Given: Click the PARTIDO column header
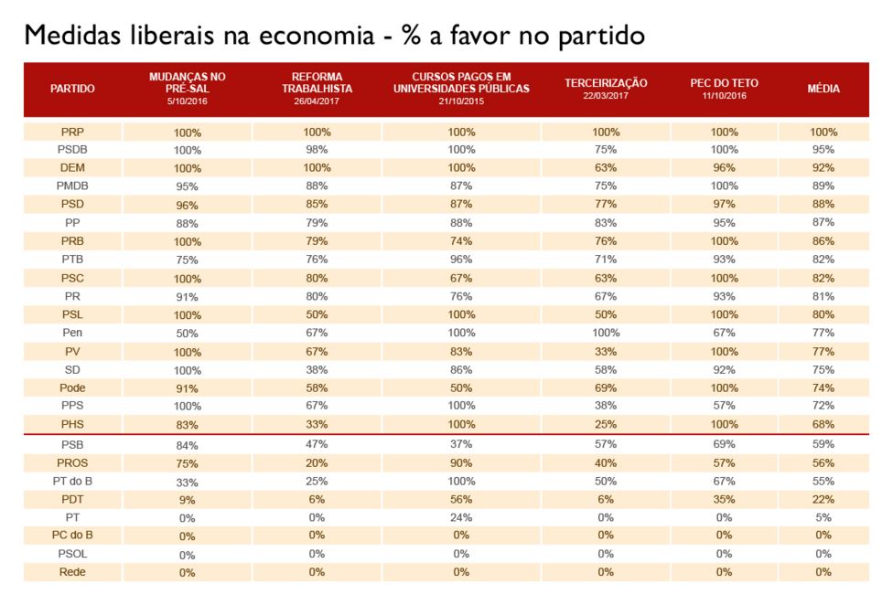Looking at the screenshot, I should [72, 89].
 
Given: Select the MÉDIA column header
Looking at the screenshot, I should [823, 89].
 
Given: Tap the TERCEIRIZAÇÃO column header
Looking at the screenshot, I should [606, 83].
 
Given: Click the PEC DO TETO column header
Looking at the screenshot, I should [724, 83].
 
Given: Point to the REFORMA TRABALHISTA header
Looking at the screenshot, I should [317, 83].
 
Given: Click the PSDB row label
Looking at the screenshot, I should [72, 149].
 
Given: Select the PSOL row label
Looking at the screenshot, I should [72, 554].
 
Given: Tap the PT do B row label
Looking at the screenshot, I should [72, 481].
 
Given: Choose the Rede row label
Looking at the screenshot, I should [72, 572].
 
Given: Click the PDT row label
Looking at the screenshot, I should [72, 499].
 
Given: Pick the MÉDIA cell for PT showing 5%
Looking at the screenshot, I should [823, 517].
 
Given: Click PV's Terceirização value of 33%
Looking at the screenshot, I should [606, 352].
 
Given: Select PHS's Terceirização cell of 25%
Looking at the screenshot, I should [606, 425].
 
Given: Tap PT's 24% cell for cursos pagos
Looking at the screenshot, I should [461, 517].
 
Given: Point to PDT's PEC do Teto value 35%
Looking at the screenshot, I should [724, 499].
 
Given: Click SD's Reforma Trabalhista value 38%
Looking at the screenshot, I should [317, 370].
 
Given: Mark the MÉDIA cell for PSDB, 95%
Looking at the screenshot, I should [823, 149].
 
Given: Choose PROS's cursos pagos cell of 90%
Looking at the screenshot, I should [461, 462].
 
